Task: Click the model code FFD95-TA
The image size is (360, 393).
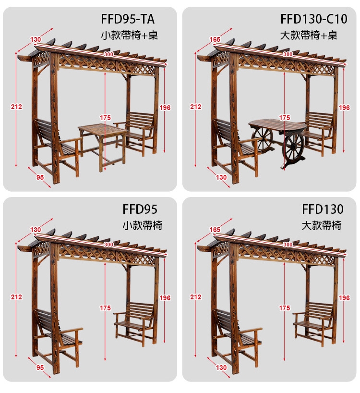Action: [x=127, y=19]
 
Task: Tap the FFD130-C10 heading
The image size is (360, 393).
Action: [x=314, y=19]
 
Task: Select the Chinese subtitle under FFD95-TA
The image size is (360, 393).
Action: [x=130, y=35]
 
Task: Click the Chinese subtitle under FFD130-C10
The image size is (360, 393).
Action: [x=309, y=35]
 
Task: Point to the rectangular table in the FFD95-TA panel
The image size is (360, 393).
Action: [x=103, y=146]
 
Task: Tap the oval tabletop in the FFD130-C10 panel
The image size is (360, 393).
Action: [x=277, y=125]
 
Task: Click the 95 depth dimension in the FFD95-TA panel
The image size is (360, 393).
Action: [x=40, y=177]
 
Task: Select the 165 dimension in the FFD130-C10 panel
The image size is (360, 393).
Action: [x=215, y=39]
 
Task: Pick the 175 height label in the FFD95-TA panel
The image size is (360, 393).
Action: [x=106, y=118]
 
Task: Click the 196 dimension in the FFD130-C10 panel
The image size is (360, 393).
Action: [x=344, y=108]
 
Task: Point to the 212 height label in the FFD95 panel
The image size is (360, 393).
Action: [x=16, y=297]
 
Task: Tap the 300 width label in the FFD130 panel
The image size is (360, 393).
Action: [x=288, y=245]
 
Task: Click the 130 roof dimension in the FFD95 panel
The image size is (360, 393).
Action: [x=36, y=230]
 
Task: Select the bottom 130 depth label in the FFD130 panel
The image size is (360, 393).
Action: [x=221, y=368]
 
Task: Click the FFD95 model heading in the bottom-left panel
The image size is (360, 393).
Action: [x=140, y=209]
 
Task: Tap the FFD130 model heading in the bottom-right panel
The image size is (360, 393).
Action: [x=323, y=209]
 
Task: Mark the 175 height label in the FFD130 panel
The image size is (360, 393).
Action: [x=285, y=308]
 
